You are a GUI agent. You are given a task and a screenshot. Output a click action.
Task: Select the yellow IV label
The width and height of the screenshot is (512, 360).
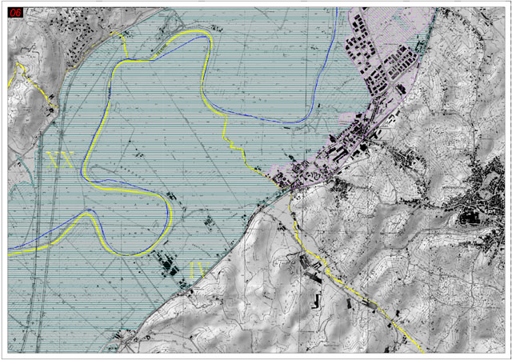click(x=198, y=268)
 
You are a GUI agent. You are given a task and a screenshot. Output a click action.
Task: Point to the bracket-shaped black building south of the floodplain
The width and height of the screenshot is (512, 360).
click(x=315, y=302)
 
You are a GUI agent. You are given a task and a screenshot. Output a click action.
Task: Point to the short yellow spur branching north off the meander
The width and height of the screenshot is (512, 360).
click(x=124, y=44)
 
